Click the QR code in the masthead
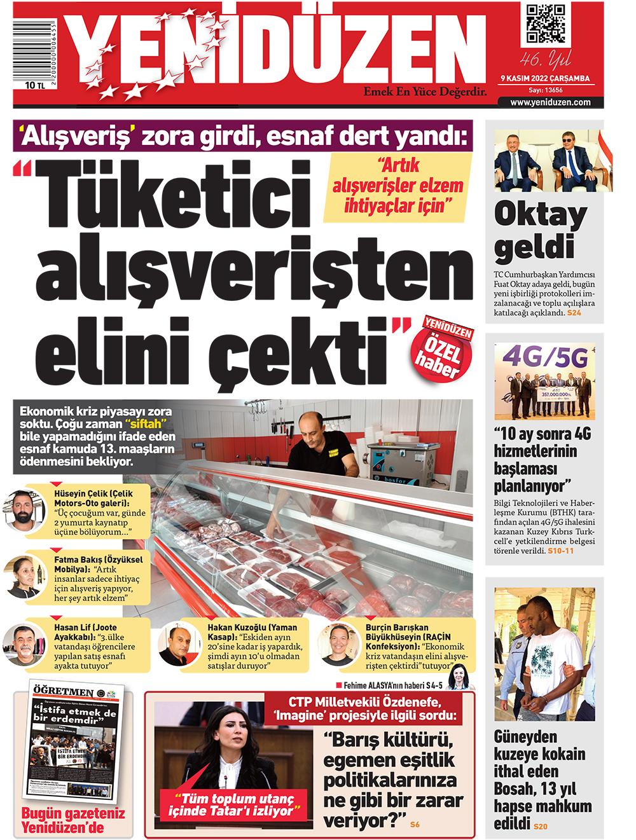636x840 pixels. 545,24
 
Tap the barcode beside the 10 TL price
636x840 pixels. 34,53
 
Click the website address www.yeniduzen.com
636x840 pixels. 550,102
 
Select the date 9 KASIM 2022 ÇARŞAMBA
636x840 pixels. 545,79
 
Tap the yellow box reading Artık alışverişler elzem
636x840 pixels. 397,186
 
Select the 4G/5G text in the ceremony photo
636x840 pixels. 545,358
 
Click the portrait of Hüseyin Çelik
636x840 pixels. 24,509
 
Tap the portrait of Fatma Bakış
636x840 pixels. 24,576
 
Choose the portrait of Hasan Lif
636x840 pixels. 24,644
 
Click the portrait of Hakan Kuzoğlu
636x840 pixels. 179,644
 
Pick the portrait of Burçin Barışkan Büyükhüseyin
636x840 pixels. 338,644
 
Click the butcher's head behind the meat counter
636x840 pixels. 310,425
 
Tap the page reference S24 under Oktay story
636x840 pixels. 574,313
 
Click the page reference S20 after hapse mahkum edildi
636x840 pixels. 540,826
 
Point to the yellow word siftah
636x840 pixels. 146,424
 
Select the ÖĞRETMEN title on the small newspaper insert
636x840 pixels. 64,691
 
